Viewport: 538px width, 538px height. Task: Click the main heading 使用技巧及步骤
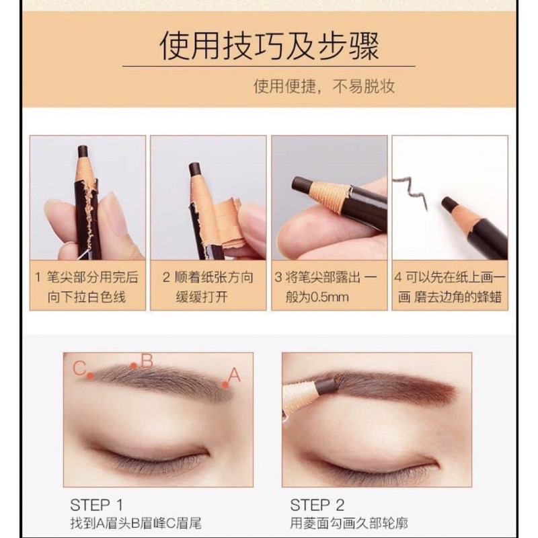(x=269, y=46)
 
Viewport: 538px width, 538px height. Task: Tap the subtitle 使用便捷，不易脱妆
(x=324, y=86)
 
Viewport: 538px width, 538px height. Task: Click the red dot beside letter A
(x=225, y=385)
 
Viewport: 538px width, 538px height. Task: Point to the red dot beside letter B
(x=133, y=366)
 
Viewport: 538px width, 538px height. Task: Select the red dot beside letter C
(x=90, y=376)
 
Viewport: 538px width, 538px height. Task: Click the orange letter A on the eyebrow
(x=234, y=375)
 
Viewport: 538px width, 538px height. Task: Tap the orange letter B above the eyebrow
(x=147, y=361)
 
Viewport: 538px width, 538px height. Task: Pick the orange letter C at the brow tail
(x=79, y=369)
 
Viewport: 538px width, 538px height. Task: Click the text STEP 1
(x=96, y=505)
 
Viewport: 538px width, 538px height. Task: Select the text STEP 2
(x=317, y=505)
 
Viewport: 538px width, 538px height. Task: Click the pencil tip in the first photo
(x=83, y=151)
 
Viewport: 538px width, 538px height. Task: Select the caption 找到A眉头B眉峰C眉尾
(x=136, y=523)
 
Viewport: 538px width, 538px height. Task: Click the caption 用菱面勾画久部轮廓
(x=349, y=523)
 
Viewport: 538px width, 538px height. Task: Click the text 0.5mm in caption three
(x=329, y=297)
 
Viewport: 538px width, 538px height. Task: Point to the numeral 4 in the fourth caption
(x=398, y=277)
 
